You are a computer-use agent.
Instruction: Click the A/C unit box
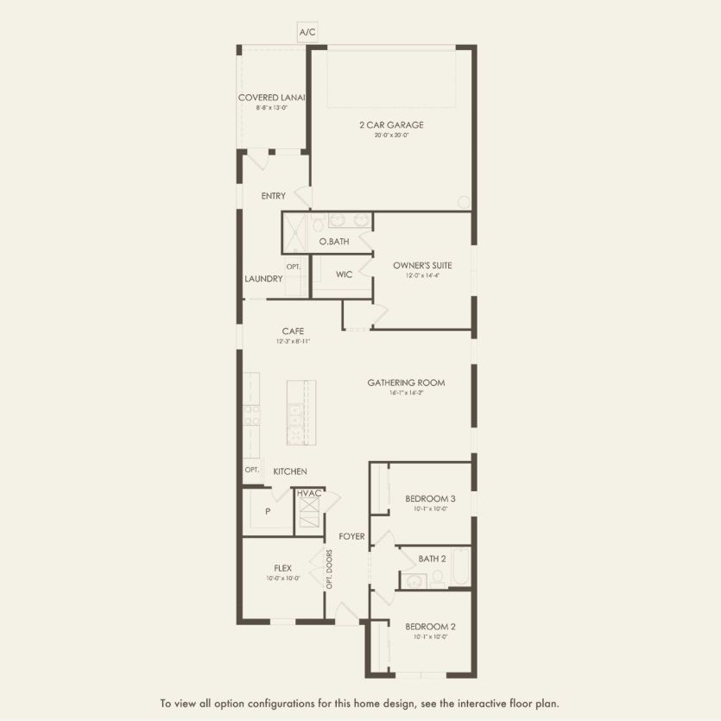pyautogui.click(x=308, y=32)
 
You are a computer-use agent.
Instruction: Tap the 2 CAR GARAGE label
pyautogui.click(x=391, y=124)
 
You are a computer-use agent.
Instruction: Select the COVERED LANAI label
pyautogui.click(x=274, y=98)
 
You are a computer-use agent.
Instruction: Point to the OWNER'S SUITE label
pyautogui.click(x=422, y=265)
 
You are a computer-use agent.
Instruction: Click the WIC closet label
pyautogui.click(x=344, y=275)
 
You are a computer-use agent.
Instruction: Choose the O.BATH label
pyautogui.click(x=334, y=242)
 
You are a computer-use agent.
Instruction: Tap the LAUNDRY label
pyautogui.click(x=263, y=279)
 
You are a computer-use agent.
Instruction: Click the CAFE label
pyautogui.click(x=292, y=331)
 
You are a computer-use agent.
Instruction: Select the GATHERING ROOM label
pyautogui.click(x=406, y=383)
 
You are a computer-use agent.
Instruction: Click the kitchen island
pyautogui.click(x=301, y=412)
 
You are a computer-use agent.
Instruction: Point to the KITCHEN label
pyautogui.click(x=290, y=471)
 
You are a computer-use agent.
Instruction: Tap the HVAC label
pyautogui.click(x=309, y=493)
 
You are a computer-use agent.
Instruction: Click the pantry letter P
pyautogui.click(x=268, y=511)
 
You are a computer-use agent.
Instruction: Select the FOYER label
pyautogui.click(x=351, y=537)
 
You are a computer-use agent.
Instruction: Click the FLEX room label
pyautogui.click(x=282, y=567)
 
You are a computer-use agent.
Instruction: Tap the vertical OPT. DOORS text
pyautogui.click(x=329, y=570)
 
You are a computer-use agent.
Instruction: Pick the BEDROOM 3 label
pyautogui.click(x=430, y=498)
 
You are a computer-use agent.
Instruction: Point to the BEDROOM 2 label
pyautogui.click(x=430, y=627)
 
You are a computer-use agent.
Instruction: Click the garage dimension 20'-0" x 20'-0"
pyautogui.click(x=391, y=136)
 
